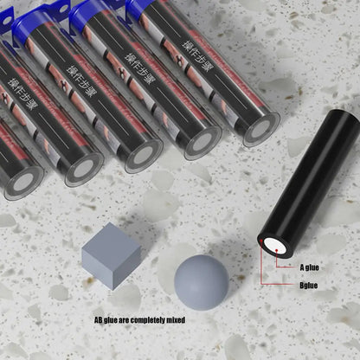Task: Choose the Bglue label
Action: point(311,285)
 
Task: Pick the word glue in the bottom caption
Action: point(114,320)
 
